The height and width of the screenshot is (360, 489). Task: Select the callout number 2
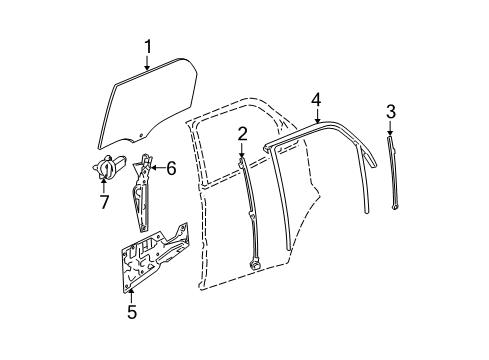click(242, 133)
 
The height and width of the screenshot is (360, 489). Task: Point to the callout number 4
click(315, 99)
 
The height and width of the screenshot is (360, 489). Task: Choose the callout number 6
click(170, 168)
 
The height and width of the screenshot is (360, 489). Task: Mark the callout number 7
click(103, 204)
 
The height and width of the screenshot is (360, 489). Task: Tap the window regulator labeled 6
click(143, 195)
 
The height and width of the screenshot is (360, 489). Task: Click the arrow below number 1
click(147, 64)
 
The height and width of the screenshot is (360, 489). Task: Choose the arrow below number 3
click(391, 128)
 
